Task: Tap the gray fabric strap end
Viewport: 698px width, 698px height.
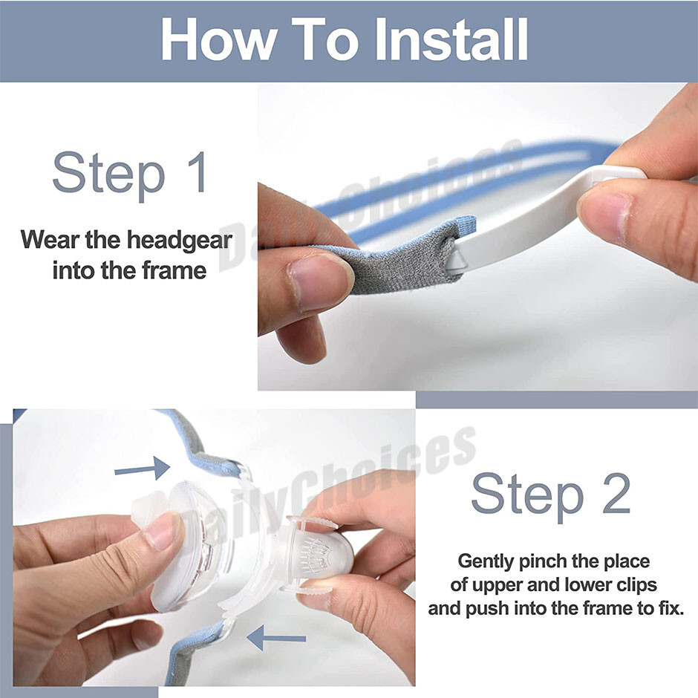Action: [x=401, y=260]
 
